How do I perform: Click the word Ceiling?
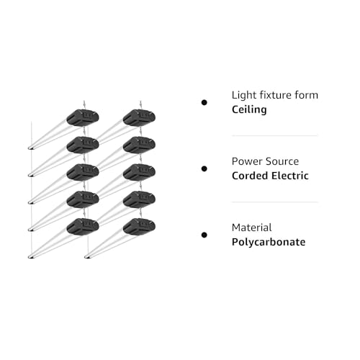[x=249, y=109]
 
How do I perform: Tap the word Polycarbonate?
[x=269, y=242]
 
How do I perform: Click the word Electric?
[x=290, y=176]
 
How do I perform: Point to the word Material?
[x=252, y=228]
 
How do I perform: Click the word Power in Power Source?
[x=247, y=161]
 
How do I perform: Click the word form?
[x=307, y=95]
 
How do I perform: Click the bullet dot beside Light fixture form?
[x=204, y=103]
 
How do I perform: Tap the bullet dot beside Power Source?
[x=204, y=169]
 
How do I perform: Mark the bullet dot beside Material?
[x=204, y=235]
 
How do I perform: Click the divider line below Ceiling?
[x=275, y=135]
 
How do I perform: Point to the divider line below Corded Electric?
[x=275, y=202]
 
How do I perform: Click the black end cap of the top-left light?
[x=83, y=117]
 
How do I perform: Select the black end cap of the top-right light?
[x=139, y=117]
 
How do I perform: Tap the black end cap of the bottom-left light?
[x=83, y=227]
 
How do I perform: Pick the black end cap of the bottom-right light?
[x=139, y=227]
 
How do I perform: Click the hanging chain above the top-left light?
[x=84, y=105]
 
